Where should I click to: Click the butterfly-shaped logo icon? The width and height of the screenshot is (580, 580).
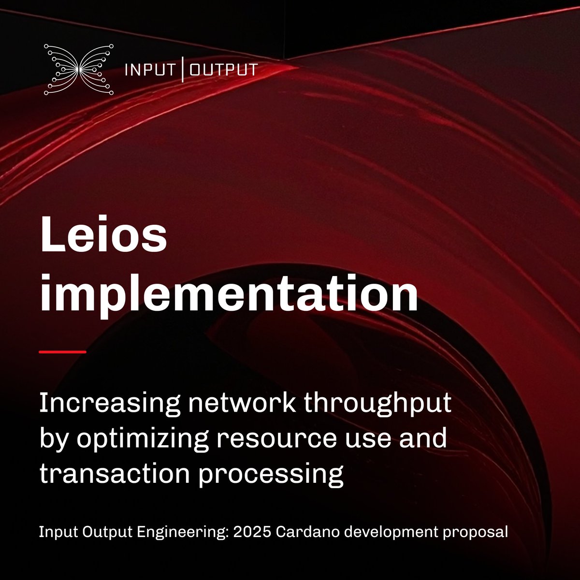pos(79,69)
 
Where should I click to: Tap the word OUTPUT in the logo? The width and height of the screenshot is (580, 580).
pos(223,70)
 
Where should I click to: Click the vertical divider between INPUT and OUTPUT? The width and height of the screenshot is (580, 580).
pos(183,70)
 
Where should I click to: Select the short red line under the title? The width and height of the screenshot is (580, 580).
pos(62,352)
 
